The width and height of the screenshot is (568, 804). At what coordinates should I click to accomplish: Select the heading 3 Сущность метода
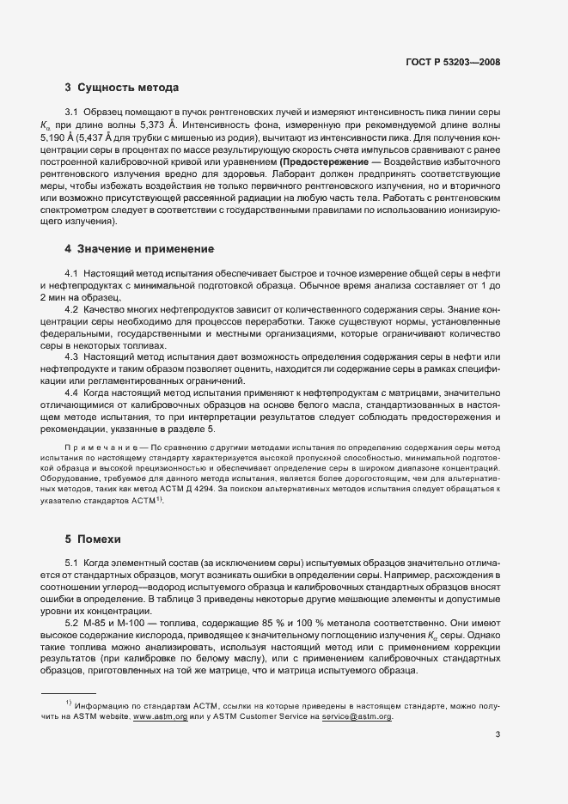coord(121,88)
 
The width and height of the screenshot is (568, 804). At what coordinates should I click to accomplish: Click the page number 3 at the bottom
coord(498,734)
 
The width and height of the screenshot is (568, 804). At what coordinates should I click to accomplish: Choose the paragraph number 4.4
coord(72,393)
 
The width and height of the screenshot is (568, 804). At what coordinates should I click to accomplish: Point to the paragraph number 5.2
coord(72,621)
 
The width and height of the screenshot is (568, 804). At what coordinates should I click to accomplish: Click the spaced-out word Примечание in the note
coord(97,448)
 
